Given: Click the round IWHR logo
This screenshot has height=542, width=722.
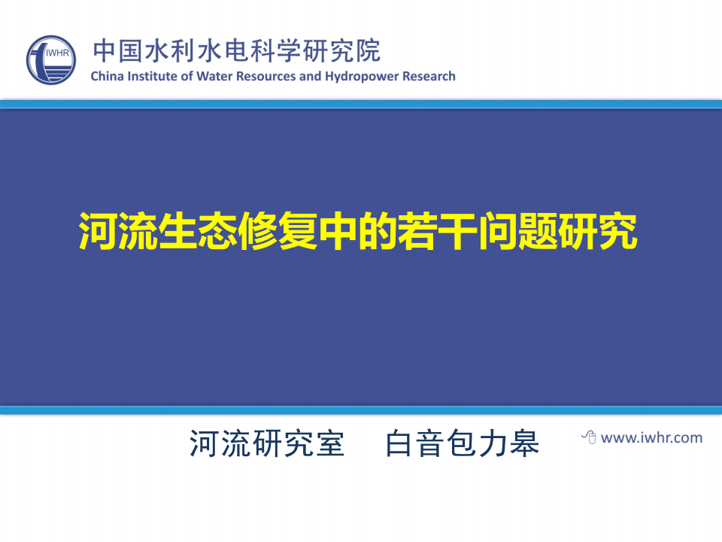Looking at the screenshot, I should pyautogui.click(x=51, y=60).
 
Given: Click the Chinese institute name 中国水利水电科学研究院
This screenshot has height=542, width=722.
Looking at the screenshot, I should pyautogui.click(x=236, y=50).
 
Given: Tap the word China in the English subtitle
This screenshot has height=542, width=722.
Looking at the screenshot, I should pyautogui.click(x=106, y=76).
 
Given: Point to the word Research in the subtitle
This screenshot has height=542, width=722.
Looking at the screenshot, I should pyautogui.click(x=429, y=76).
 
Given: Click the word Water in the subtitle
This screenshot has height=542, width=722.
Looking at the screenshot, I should pyautogui.click(x=214, y=76).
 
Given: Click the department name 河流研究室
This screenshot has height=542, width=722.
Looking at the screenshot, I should pyautogui.click(x=267, y=443).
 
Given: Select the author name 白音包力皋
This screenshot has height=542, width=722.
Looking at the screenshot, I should pyautogui.click(x=463, y=443).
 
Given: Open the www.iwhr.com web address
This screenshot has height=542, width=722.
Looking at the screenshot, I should pyautogui.click(x=651, y=437).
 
